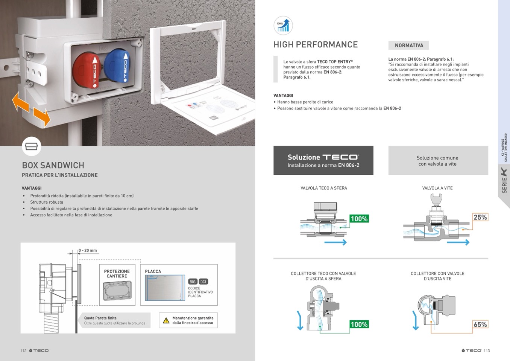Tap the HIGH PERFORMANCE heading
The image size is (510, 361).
point(316,44)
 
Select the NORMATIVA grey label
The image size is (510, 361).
point(409,45)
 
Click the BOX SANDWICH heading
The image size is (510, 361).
point(53,165)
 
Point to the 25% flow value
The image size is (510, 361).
point(480,217)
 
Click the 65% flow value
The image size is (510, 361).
point(480,324)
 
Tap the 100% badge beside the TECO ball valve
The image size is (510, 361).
point(359,219)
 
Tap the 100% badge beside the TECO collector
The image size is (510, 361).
point(359,324)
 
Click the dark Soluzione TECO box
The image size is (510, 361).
point(323,160)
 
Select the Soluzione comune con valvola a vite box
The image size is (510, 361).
point(438,160)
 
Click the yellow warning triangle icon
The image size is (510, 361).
point(166,320)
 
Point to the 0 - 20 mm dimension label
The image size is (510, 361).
point(88,250)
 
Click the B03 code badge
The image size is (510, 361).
point(193,282)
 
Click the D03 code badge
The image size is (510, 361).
point(203,282)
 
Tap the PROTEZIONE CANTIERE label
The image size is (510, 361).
point(117,274)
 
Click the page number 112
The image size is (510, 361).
point(23,350)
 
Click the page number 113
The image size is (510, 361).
point(487,350)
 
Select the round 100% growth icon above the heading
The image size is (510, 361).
point(283,25)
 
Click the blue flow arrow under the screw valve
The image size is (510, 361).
point(458,242)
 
